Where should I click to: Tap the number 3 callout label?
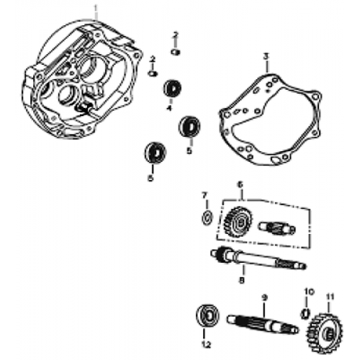point(266,55)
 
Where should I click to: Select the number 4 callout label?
point(169,108)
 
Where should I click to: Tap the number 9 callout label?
point(264,297)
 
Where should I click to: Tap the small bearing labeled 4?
point(171,89)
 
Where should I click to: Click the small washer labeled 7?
point(205,217)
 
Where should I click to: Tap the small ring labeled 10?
point(305,312)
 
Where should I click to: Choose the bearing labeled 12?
point(207,316)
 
